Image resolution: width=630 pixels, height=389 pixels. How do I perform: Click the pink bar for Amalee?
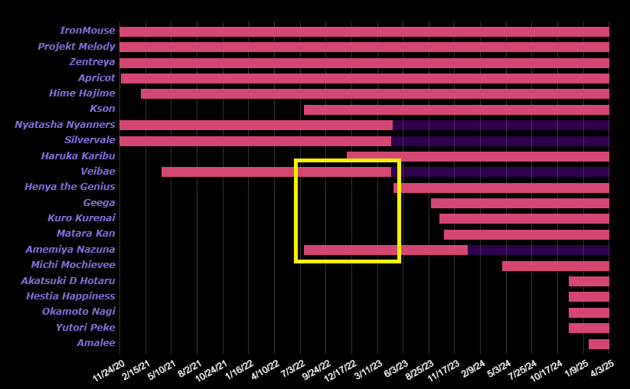click(x=599, y=344)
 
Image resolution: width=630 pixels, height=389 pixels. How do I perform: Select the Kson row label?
click(x=103, y=110)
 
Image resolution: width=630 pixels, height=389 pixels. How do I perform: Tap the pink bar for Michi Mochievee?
click(x=555, y=266)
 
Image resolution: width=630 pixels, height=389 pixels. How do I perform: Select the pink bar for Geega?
click(x=520, y=203)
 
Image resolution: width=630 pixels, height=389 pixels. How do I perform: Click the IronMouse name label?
click(x=87, y=31)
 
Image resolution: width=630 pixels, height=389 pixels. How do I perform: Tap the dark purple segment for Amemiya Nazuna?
click(x=538, y=250)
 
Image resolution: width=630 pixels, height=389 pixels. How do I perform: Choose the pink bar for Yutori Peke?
click(x=589, y=328)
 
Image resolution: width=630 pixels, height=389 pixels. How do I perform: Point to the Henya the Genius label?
click(x=70, y=188)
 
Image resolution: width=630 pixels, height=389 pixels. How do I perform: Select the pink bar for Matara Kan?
click(x=526, y=234)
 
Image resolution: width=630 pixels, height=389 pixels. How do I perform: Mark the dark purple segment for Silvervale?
click(x=500, y=141)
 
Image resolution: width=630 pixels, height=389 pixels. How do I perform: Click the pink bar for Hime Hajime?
click(x=374, y=93)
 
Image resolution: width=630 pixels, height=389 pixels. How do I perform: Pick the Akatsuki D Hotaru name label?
click(x=68, y=281)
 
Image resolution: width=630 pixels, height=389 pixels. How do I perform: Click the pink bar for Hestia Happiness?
click(x=589, y=296)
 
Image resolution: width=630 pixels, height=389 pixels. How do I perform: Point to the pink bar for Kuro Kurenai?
click(x=524, y=218)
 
